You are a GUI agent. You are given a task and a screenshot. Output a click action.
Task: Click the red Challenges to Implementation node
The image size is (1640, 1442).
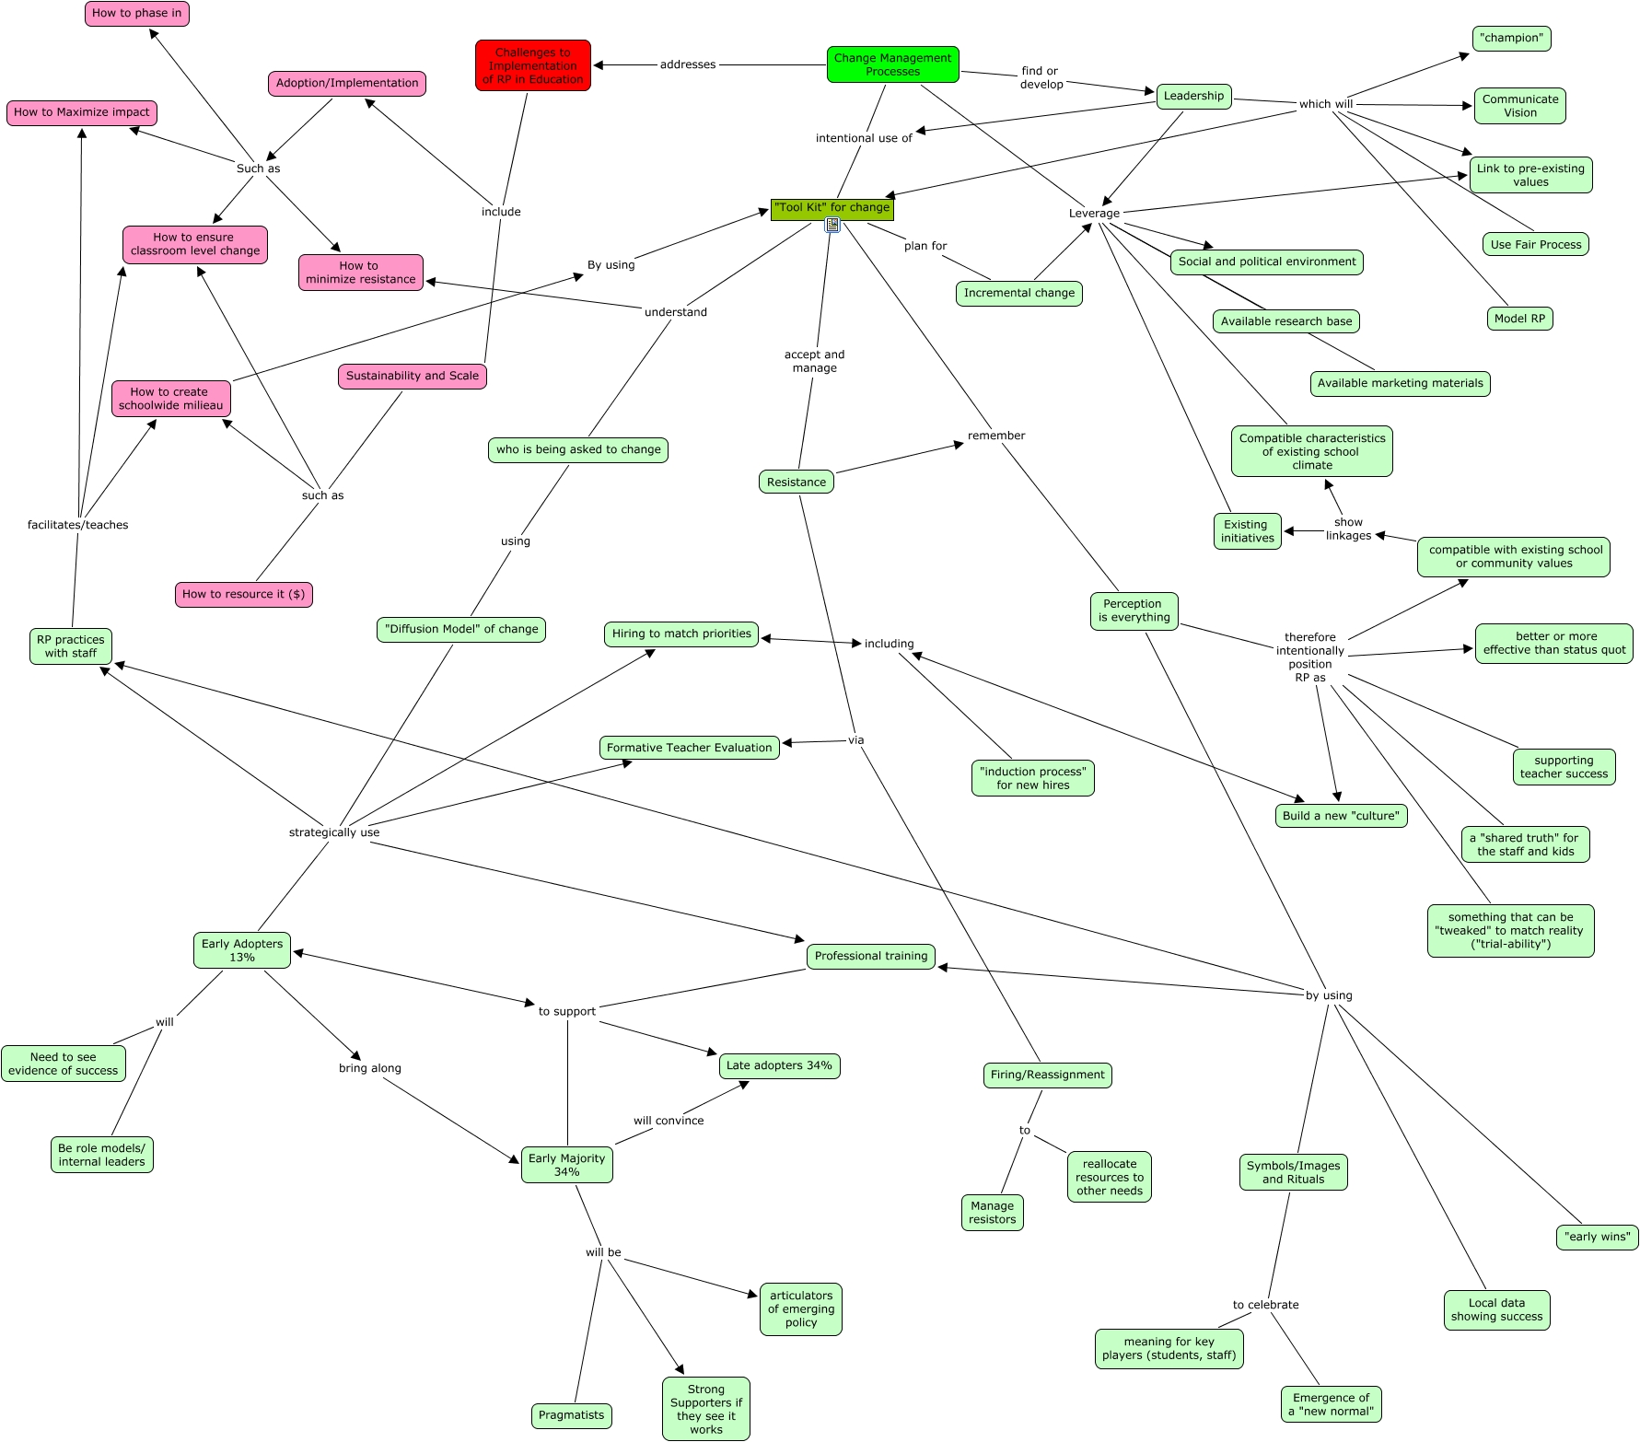pos(533,65)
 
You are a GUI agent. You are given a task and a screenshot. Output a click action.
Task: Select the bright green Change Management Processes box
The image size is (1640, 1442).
pos(892,64)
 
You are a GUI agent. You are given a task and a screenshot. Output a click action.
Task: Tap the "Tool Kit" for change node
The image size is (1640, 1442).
pos(832,208)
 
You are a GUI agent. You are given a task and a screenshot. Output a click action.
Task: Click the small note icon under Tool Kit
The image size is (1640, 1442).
pos(832,225)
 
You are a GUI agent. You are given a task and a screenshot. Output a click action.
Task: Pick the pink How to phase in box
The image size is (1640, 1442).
pos(136,14)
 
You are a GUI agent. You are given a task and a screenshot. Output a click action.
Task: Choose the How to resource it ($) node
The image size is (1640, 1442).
pos(243,595)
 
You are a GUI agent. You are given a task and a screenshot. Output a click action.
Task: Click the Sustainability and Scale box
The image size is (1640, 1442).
pos(412,376)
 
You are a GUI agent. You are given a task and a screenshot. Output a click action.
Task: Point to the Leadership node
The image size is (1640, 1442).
pos(1193,96)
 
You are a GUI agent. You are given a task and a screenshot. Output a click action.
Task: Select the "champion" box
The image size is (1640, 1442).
pos(1510,39)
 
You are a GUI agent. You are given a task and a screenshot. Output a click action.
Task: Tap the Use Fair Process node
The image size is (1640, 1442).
pos(1535,245)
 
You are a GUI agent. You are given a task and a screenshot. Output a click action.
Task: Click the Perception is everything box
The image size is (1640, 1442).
pos(1134,611)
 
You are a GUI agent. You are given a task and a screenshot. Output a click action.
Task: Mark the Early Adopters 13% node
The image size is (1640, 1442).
pos(242,950)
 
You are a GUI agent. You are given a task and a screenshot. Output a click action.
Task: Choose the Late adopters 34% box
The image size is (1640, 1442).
pos(779,1066)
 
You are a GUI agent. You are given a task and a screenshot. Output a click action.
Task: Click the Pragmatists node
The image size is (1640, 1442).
pos(571,1415)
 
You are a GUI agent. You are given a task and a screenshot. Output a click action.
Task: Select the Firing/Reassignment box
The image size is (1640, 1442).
pos(1047,1075)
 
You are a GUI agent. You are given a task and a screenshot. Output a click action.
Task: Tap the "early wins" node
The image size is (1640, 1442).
pos(1597,1237)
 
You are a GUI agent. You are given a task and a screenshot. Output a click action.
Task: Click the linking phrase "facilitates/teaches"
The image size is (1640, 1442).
pos(78,525)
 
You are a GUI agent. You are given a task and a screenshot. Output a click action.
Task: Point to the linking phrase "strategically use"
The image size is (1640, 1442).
pos(334,832)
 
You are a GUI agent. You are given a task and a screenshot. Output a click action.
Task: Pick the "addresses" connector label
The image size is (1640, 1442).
pos(687,64)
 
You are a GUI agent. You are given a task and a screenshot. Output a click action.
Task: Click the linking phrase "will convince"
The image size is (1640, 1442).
pos(669,1121)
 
